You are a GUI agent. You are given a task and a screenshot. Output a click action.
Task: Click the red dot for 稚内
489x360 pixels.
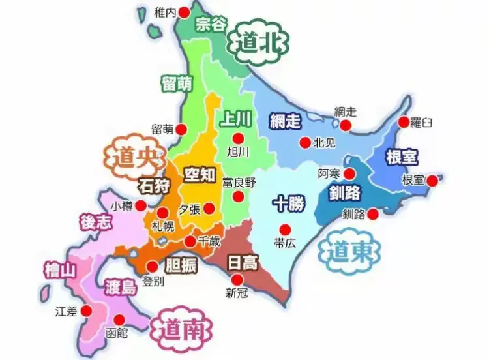[184, 12]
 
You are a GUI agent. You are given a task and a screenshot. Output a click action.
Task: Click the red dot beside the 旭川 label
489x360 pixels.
[238, 138]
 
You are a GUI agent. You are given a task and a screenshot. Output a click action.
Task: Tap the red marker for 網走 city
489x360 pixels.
[346, 125]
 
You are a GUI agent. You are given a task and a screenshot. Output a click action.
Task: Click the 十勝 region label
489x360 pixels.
[288, 203]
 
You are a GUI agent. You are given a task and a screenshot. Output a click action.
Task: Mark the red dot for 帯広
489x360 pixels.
[284, 229]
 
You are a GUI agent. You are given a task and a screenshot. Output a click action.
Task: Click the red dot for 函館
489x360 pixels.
[119, 320]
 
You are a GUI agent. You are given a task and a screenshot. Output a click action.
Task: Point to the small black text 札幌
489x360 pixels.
[163, 227]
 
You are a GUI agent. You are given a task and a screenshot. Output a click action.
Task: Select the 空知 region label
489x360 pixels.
[198, 175]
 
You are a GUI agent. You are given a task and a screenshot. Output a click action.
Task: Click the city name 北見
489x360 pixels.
[324, 142]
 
